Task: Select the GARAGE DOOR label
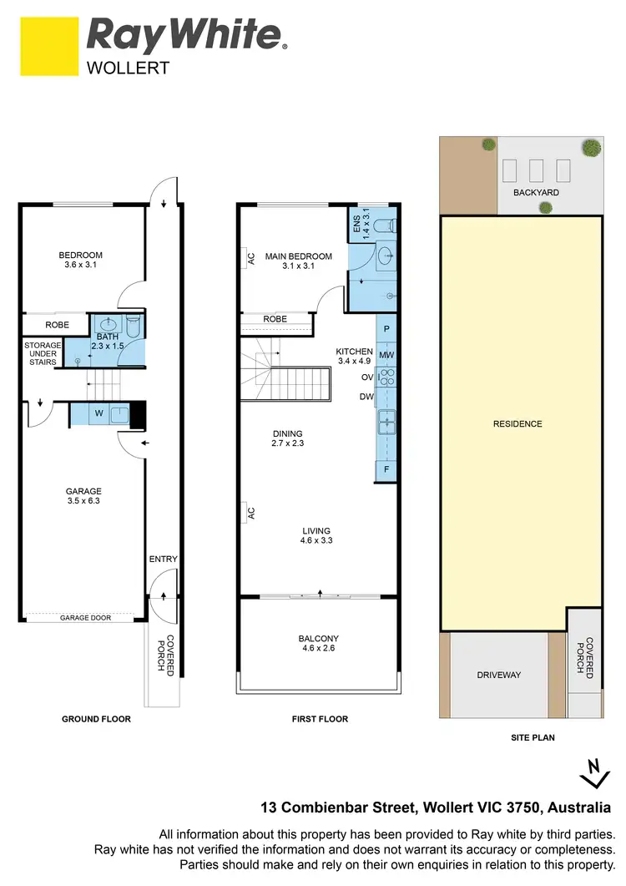84,619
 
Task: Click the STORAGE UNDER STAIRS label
43,353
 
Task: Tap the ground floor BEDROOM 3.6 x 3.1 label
80,261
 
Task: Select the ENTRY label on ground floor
164,559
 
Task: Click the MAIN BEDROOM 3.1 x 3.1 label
298,261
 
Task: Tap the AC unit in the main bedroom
250,259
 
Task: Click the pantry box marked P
386,329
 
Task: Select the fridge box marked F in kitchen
386,470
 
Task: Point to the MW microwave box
386,356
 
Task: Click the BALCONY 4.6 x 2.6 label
319,644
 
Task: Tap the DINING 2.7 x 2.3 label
287,438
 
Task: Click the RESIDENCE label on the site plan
517,424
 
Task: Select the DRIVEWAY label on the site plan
499,675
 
